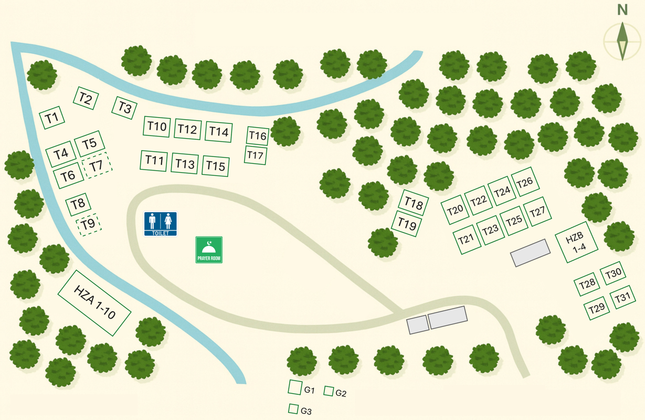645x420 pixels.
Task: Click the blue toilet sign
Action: [161, 224]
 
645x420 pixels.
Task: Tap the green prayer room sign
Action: [209, 249]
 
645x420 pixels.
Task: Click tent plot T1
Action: [52, 118]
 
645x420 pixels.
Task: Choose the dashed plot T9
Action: [88, 225]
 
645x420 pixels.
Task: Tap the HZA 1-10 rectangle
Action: [94, 303]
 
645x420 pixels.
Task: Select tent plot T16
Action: [258, 135]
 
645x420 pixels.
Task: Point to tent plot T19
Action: [407, 224]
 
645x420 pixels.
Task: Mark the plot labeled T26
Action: [524, 182]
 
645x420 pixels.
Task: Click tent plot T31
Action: [623, 298]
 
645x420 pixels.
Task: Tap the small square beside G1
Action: [294, 387]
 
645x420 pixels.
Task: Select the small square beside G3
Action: [294, 408]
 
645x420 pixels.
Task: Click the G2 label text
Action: [341, 393]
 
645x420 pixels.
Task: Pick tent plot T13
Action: [185, 164]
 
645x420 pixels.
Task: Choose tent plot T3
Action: [124, 108]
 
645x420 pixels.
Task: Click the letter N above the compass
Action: [622, 10]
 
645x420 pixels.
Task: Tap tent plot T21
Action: [466, 239]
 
